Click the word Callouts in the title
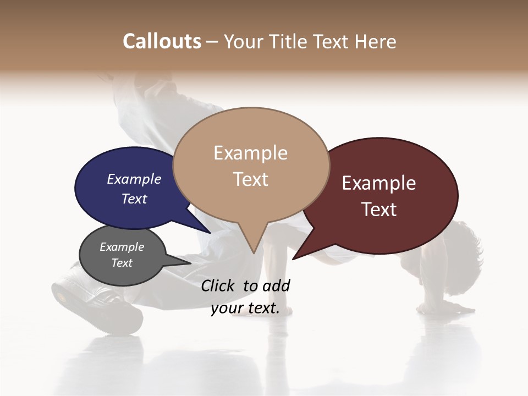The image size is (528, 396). pos(162,42)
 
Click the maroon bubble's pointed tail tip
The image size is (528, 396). pos(293,259)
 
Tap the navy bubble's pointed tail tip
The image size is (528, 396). pos(211,233)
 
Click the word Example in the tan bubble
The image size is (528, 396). pos(251,153)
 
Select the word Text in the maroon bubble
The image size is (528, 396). pos(380,210)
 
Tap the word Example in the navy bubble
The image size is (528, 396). pos(134,179)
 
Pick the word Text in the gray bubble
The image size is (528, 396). pos(122,263)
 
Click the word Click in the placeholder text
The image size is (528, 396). pos(219,285)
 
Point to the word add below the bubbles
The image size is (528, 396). pos(276,285)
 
